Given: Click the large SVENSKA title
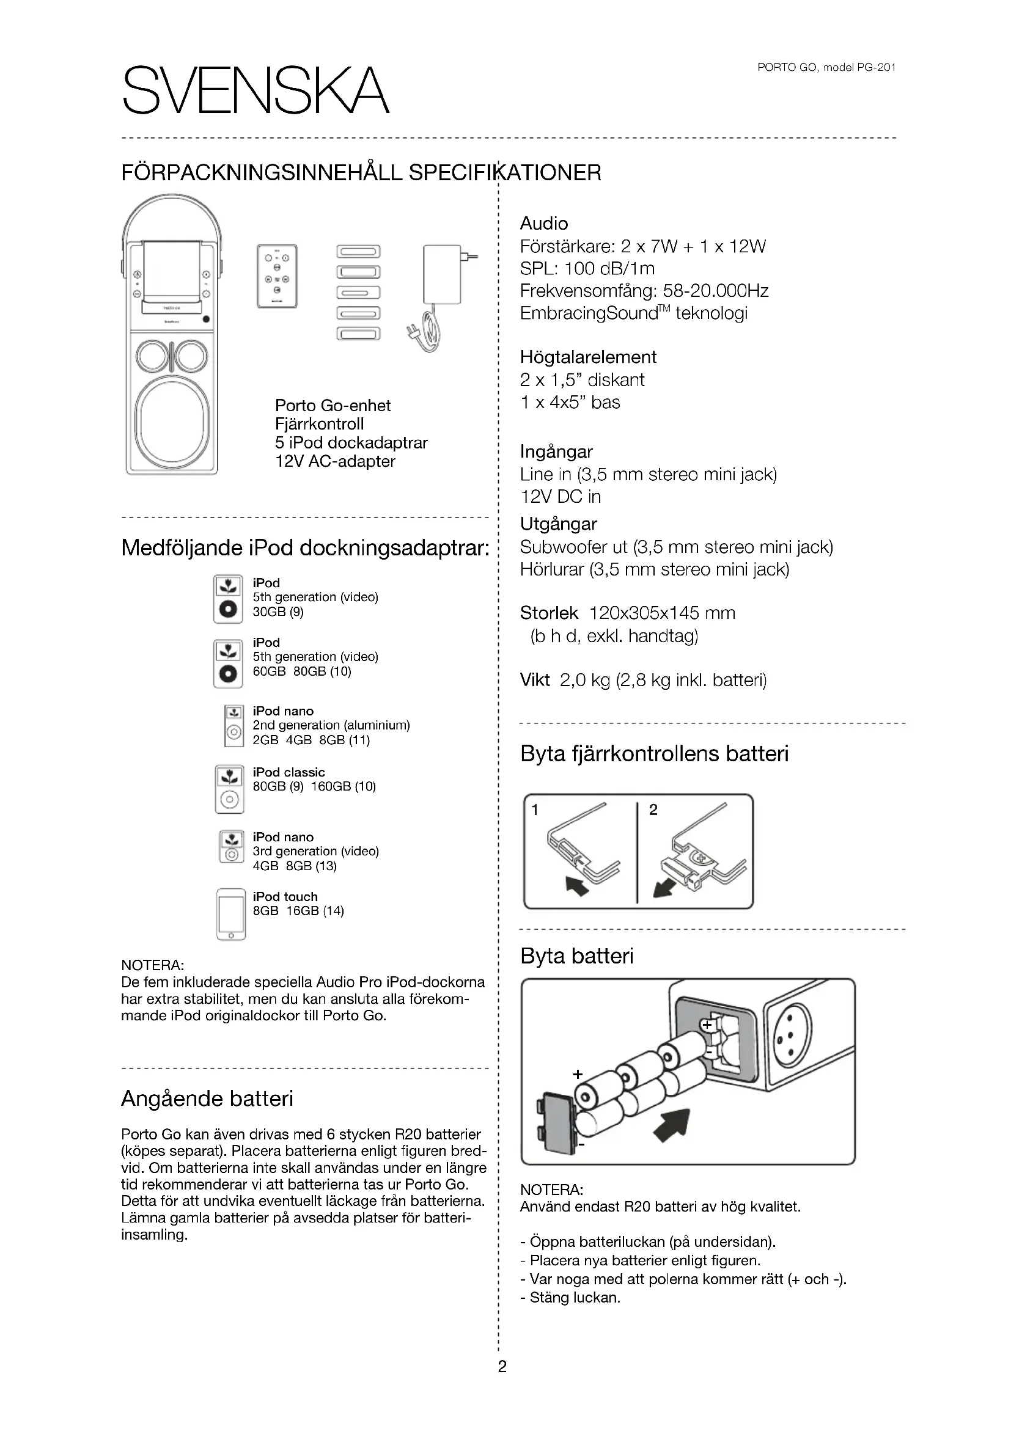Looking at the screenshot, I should click(x=256, y=90).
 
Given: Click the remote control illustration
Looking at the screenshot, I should click(x=277, y=276).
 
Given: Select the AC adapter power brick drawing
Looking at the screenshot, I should click(x=442, y=274).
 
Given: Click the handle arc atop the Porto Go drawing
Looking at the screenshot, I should click(x=172, y=205).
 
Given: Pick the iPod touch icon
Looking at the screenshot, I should click(x=231, y=913).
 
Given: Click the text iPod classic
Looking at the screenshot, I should click(x=289, y=772).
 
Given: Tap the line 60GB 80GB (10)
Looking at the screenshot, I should click(x=302, y=671).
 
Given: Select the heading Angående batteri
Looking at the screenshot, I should click(x=207, y=1098).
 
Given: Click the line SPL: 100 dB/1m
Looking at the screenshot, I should click(x=587, y=268).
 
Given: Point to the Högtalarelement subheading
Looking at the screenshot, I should click(x=587, y=357).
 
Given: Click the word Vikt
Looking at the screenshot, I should click(x=535, y=679).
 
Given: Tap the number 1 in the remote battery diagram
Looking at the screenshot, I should click(x=535, y=809).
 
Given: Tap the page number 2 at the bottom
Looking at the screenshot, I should click(x=502, y=1366).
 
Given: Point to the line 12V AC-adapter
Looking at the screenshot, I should click(x=335, y=461).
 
